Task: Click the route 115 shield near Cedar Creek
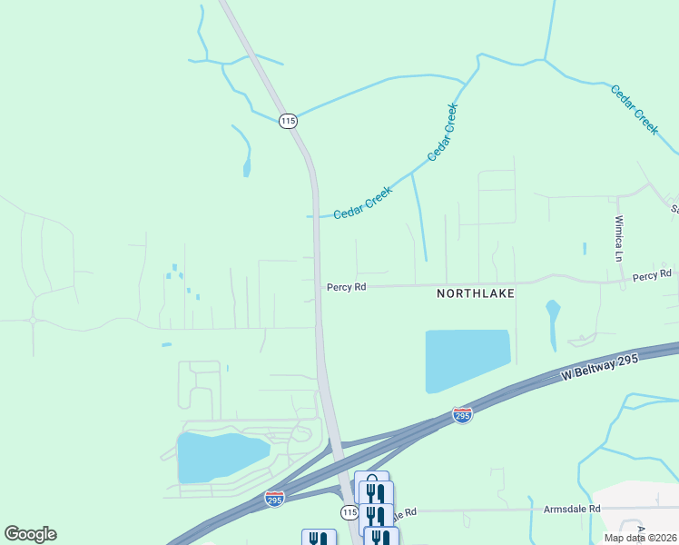tap(288, 121)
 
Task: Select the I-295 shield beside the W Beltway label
tap(462, 415)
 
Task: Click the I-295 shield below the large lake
tap(273, 499)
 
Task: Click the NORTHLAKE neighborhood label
tap(476, 293)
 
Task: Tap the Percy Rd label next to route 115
tap(346, 287)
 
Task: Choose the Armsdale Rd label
tap(572, 510)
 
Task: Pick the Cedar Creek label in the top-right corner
tap(634, 110)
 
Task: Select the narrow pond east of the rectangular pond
tap(552, 323)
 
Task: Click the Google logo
tap(30, 534)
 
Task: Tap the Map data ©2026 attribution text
tap(640, 538)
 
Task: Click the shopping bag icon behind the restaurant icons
tap(371, 477)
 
